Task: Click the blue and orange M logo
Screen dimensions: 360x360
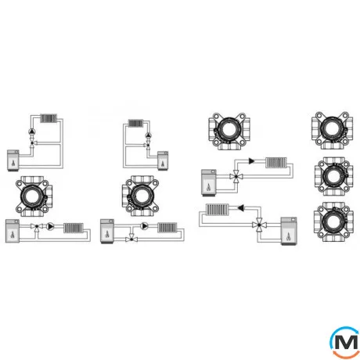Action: click(345, 342)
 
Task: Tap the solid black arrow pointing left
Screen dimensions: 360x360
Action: click(241, 208)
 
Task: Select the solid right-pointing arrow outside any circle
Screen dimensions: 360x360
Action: click(252, 161)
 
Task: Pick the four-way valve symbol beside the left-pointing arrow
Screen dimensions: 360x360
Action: click(259, 225)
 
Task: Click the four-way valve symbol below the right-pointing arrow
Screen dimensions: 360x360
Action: click(236, 177)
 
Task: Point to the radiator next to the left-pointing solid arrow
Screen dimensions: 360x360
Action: click(218, 209)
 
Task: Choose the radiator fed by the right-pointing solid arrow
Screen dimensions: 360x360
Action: click(276, 163)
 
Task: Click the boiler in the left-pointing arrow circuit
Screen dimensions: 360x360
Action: click(289, 231)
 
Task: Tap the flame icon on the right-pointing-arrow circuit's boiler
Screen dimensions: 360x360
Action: click(209, 187)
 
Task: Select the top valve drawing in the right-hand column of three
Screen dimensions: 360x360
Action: click(332, 131)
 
